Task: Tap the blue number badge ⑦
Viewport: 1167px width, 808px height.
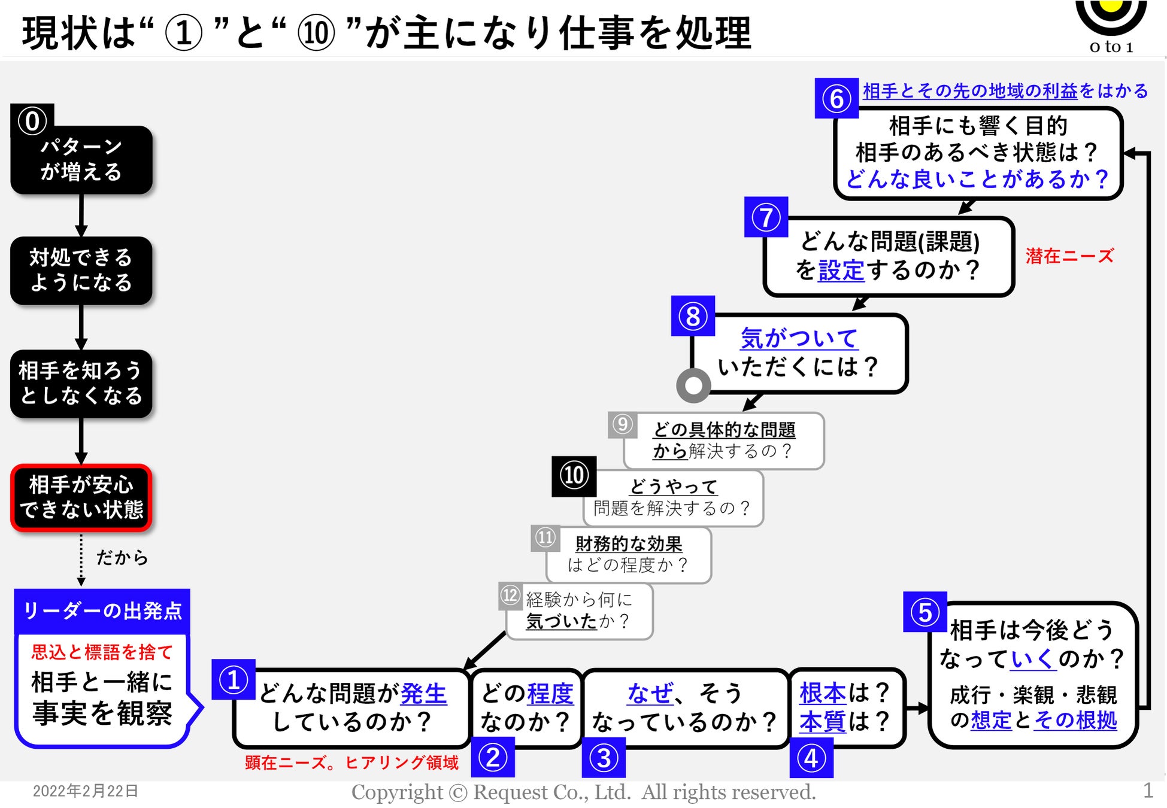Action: click(x=766, y=217)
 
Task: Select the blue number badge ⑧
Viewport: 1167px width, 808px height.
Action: click(x=693, y=316)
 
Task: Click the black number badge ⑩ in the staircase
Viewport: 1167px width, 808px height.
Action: click(x=574, y=476)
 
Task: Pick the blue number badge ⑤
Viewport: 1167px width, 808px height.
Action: click(x=924, y=612)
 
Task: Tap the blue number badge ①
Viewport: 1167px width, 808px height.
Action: click(x=234, y=679)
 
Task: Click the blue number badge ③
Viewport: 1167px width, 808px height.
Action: click(x=604, y=758)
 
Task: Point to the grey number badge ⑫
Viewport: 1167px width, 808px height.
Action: click(x=510, y=596)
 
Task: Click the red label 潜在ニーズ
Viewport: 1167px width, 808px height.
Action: click(x=1069, y=256)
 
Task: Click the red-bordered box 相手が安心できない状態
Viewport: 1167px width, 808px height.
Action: click(x=81, y=497)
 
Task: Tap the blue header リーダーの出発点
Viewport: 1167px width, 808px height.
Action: click(x=102, y=611)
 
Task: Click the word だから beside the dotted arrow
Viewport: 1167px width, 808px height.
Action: click(x=122, y=558)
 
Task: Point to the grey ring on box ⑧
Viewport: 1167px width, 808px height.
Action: click(x=693, y=385)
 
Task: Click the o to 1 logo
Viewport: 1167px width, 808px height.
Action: click(x=1111, y=27)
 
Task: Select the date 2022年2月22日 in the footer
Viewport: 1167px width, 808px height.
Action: click(x=85, y=791)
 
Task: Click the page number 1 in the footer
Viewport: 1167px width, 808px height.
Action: click(x=1147, y=791)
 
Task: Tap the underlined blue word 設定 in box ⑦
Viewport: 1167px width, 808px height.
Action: click(x=841, y=271)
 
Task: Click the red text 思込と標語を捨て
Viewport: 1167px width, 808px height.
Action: click(x=102, y=652)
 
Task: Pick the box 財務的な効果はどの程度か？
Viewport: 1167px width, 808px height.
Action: click(x=629, y=555)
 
